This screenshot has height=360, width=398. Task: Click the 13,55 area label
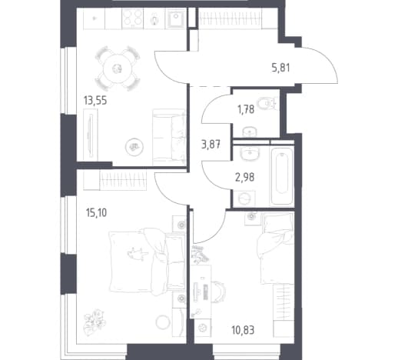click(95, 101)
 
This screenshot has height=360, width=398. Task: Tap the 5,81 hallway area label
click(280, 68)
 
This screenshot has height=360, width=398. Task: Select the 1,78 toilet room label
click(246, 109)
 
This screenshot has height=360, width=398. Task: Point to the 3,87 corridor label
click(211, 145)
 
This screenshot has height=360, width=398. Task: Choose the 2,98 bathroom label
click(245, 177)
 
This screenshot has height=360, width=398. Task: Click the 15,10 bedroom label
click(97, 213)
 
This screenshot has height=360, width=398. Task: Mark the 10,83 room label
click(243, 330)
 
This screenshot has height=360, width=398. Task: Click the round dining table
click(118, 68)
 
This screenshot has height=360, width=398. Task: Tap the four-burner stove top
click(133, 18)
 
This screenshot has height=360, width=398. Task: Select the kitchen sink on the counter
click(176, 18)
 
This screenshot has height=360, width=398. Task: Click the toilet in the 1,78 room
click(267, 104)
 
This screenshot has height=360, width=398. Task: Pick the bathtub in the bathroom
click(282, 176)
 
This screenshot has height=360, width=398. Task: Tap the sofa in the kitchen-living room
click(169, 137)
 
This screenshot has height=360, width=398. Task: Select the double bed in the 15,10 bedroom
click(148, 262)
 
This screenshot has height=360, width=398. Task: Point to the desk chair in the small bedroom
click(219, 292)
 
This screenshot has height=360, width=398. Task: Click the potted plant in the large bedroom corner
click(95, 322)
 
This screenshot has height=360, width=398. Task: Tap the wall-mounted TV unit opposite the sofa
click(90, 135)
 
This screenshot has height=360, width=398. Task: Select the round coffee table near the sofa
click(134, 147)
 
